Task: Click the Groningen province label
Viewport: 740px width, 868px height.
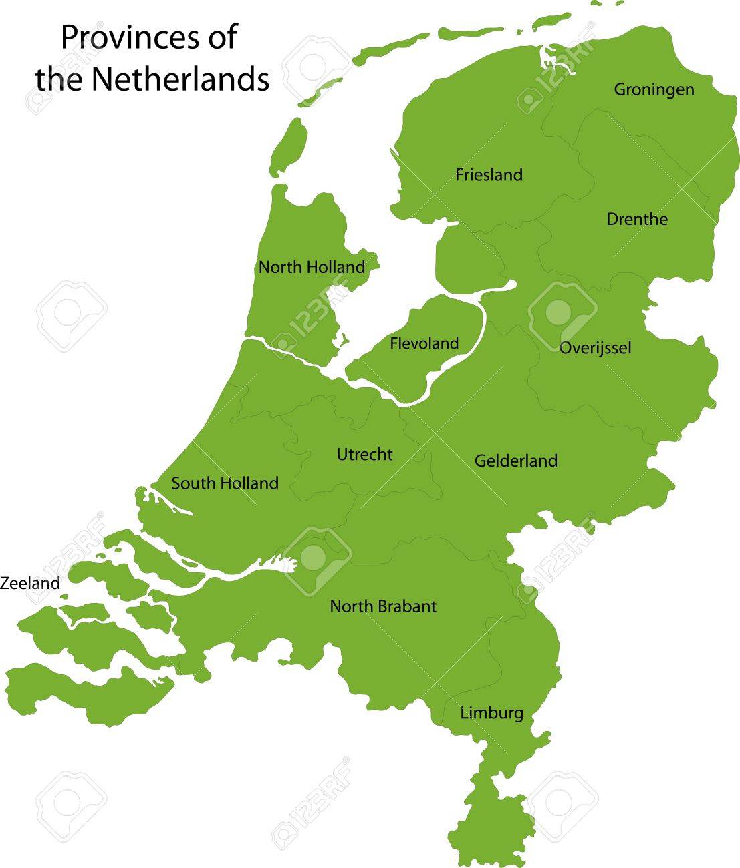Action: (x=654, y=89)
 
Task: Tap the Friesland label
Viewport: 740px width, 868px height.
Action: (x=489, y=175)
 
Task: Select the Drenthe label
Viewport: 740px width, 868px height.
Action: (x=636, y=219)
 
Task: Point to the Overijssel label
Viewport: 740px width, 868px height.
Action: (x=595, y=348)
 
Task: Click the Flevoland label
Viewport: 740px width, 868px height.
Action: (x=424, y=343)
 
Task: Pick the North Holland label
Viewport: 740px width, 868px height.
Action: (x=312, y=268)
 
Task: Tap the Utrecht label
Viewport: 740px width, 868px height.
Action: (x=364, y=455)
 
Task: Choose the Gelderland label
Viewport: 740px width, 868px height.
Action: (x=515, y=461)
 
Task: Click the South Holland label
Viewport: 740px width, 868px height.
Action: (x=225, y=483)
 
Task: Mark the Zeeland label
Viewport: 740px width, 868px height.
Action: (x=30, y=583)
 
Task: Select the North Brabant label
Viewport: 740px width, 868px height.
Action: (x=383, y=606)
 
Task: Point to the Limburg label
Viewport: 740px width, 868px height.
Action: (x=491, y=714)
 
